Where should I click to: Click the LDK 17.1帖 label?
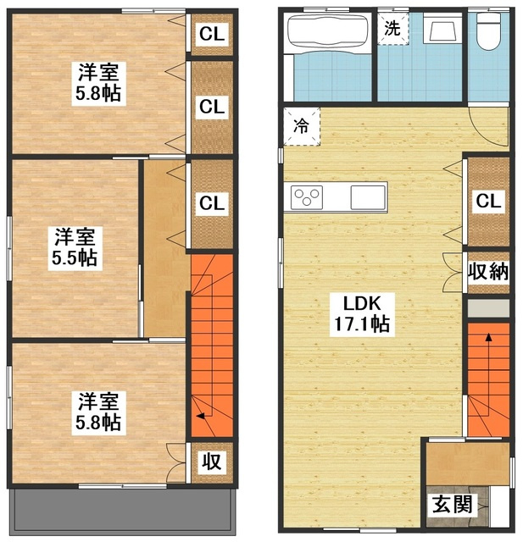click(x=362, y=314)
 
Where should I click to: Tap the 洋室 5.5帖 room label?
click(x=75, y=247)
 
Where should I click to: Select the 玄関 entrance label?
click(x=453, y=504)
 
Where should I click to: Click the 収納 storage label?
click(x=488, y=271)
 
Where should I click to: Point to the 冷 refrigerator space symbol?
click(x=301, y=126)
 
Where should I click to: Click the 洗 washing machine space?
click(x=392, y=29)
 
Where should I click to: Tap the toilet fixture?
click(x=489, y=32)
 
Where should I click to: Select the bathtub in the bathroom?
click(x=327, y=34)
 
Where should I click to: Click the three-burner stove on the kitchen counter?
click(x=307, y=197)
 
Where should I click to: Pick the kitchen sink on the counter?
click(x=368, y=197)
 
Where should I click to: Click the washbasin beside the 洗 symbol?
click(x=442, y=29)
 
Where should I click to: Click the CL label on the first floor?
click(x=488, y=202)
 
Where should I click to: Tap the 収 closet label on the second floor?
click(x=212, y=462)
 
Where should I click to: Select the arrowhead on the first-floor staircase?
click(x=489, y=337)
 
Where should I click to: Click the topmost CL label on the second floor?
click(x=212, y=34)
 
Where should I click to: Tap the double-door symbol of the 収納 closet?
click(x=453, y=272)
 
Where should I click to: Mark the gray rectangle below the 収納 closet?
click(x=488, y=308)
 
